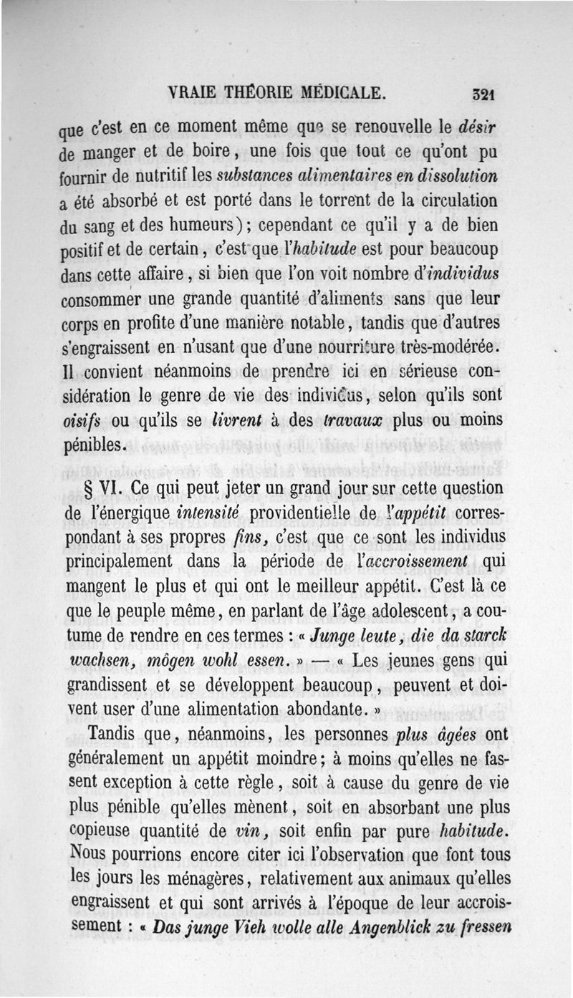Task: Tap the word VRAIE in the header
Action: coord(191,92)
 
